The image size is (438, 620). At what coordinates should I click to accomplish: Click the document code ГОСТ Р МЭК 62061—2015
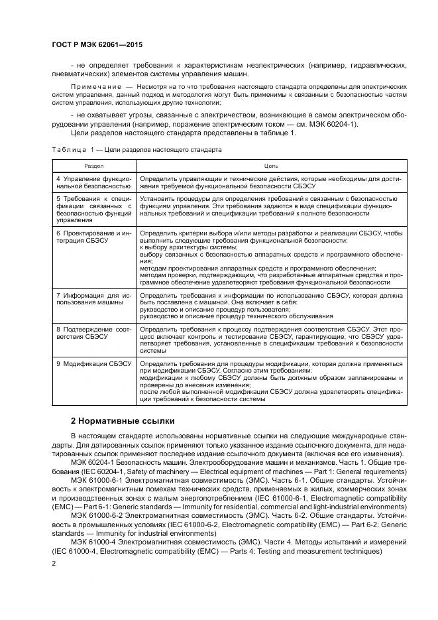(97, 44)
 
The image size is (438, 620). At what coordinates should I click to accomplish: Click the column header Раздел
(94, 165)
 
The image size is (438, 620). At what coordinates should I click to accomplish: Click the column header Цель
(271, 165)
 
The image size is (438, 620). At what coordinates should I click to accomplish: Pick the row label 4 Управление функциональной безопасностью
(94, 182)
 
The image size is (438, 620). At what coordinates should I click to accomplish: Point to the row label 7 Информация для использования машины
(94, 298)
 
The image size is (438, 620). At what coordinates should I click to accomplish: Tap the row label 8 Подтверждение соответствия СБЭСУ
(94, 332)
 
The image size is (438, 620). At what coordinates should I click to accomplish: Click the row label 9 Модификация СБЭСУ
(94, 364)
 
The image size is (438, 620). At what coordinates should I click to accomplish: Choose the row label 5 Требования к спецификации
(94, 209)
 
